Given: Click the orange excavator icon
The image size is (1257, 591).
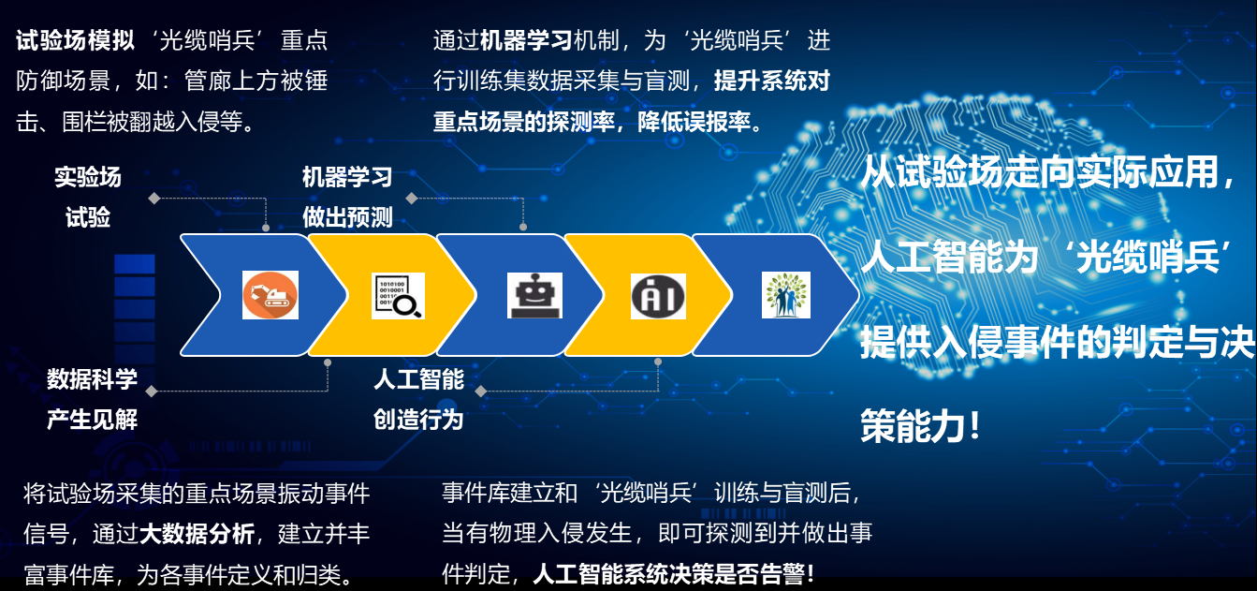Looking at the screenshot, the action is (x=270, y=295).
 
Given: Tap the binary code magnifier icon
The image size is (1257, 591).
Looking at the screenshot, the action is (x=398, y=296).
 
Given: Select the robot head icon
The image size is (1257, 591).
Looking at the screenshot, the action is (x=534, y=296).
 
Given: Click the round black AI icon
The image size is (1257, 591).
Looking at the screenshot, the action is (x=658, y=296).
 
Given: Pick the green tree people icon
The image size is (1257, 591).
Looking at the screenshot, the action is (x=785, y=295).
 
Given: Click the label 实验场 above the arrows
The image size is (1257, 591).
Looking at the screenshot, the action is (x=88, y=177).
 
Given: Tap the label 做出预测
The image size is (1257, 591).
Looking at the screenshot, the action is (x=347, y=217).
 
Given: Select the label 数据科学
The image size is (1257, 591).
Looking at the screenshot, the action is (x=92, y=379).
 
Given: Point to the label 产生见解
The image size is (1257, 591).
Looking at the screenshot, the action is (x=92, y=420).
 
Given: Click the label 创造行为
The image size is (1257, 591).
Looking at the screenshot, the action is (x=418, y=420).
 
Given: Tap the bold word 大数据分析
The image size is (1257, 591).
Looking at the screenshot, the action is (x=197, y=534).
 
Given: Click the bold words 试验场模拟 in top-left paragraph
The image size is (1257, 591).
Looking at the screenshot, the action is (x=75, y=40).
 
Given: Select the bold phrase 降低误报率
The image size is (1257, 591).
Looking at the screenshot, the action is (x=694, y=122).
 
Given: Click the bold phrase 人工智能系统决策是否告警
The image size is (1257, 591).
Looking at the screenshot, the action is (x=667, y=574).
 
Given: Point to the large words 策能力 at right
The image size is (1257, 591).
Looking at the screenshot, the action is (x=913, y=426).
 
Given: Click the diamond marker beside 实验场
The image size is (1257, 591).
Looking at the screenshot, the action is (x=154, y=199).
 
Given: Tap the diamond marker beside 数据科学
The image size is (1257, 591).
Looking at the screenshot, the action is (x=152, y=391).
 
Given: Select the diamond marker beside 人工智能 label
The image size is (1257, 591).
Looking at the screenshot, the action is (x=481, y=391).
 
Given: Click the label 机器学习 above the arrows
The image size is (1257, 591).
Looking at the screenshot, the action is (x=347, y=177).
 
